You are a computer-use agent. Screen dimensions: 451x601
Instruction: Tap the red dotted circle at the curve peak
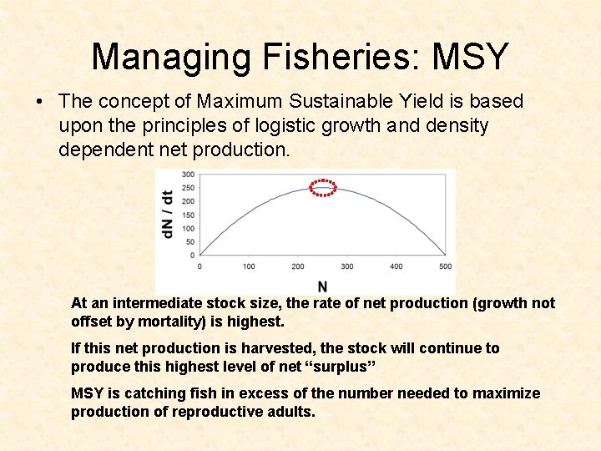pos(323,188)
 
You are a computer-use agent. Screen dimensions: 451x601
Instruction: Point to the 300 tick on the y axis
pos(188,175)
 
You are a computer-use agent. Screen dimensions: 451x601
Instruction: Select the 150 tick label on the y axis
pos(188,215)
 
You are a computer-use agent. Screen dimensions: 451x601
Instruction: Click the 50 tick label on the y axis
pos(190,241)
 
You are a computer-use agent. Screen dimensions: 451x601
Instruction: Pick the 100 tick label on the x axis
pos(249,266)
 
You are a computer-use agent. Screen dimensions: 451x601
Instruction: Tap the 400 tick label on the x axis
pos(396,266)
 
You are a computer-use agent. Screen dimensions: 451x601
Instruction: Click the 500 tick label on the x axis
pos(445,266)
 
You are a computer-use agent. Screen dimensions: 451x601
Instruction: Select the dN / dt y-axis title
pos(168,214)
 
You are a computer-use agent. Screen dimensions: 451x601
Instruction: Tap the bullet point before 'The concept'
pos(39,102)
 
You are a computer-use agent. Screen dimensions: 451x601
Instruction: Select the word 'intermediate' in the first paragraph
pos(153,303)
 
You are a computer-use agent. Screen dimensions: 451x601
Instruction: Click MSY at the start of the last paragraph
pos(87,393)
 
